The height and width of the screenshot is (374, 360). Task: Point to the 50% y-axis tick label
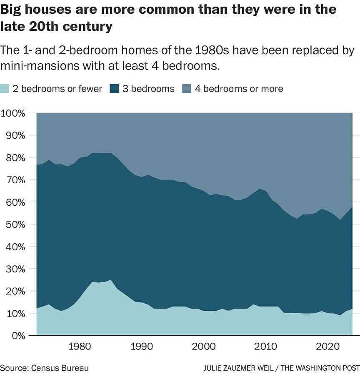15,224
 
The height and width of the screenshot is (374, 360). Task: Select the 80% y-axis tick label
15,158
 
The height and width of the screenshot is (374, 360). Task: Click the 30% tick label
15,269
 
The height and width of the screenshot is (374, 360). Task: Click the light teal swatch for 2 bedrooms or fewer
5,89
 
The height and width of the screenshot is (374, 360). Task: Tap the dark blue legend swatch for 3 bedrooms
115,89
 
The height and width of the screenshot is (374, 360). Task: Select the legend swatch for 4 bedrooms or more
187,89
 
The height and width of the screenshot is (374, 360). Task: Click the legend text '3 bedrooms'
148,89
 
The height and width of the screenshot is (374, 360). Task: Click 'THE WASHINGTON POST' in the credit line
321,368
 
